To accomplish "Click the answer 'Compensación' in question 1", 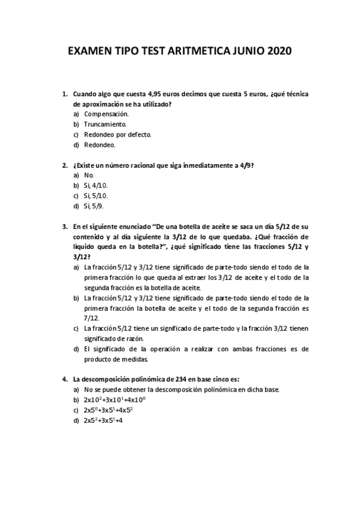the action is (x=107, y=114).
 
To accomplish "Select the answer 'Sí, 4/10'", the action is (x=96, y=185).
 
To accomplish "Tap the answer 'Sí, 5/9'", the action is (x=94, y=206).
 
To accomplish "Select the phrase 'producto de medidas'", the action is (x=116, y=359).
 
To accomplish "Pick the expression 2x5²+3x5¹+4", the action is (x=103, y=420).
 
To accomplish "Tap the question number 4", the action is (x=65, y=379).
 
